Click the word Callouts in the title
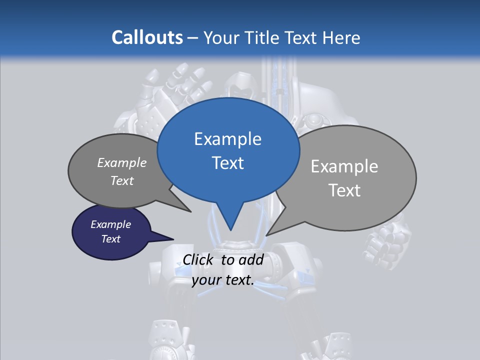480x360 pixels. coord(147,37)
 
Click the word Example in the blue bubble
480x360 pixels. coord(227,139)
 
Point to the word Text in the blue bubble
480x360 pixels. coord(227,163)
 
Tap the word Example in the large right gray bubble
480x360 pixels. coord(344,166)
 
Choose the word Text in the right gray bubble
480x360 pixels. coord(344,190)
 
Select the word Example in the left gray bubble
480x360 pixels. coord(121,162)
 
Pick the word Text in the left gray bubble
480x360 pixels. coord(121,180)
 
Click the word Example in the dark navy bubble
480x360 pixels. coord(110,224)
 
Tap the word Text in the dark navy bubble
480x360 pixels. coord(110,239)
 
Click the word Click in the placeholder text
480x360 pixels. coord(198,259)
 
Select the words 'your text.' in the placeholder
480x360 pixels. coord(223,280)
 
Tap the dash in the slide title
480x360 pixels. coord(193,38)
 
